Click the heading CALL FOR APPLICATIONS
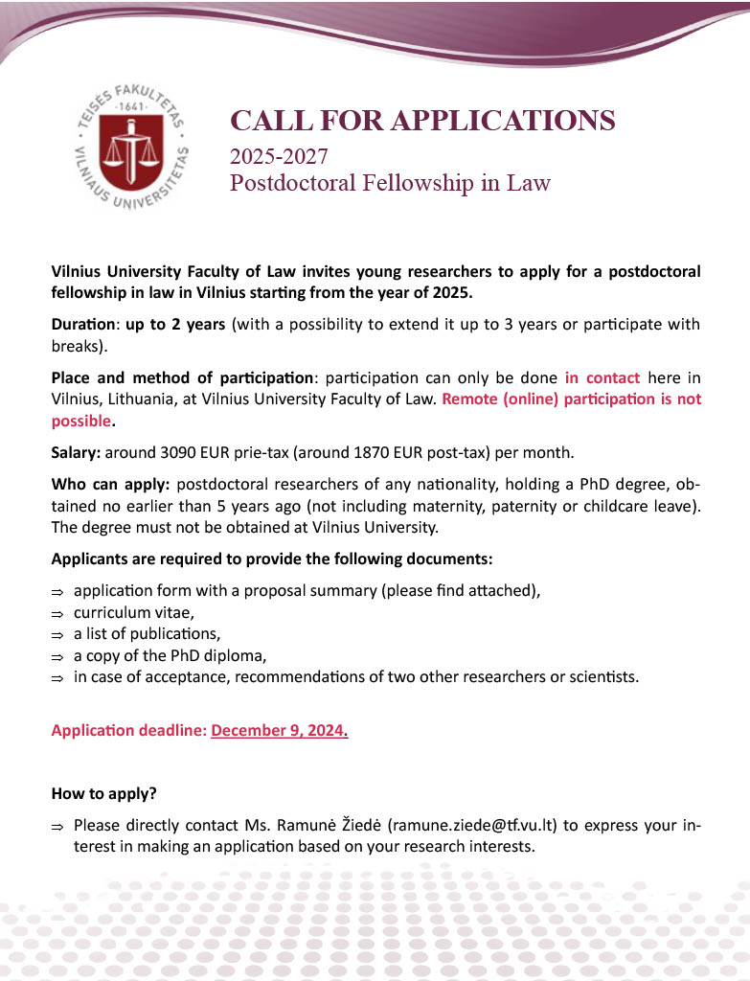[x=422, y=121]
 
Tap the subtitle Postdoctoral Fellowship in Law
[x=390, y=182]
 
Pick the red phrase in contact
[x=602, y=377]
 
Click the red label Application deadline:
[x=128, y=731]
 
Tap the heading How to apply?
[x=103, y=794]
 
